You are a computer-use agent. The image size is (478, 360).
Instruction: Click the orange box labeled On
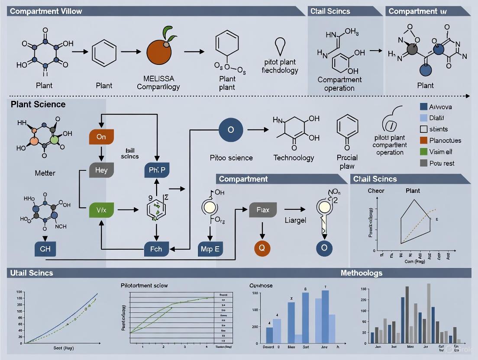pyautogui.click(x=101, y=136)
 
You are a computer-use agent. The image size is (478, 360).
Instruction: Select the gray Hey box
pyautogui.click(x=101, y=170)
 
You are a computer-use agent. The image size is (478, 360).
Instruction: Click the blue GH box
pyautogui.click(x=45, y=249)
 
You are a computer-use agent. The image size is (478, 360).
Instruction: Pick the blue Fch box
pyautogui.click(x=156, y=249)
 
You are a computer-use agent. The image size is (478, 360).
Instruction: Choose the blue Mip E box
pyautogui.click(x=210, y=249)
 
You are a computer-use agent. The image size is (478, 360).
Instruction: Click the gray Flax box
pyautogui.click(x=263, y=210)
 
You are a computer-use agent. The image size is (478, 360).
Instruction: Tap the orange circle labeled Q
pyautogui.click(x=262, y=248)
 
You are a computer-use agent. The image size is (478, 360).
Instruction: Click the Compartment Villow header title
pyautogui.click(x=46, y=11)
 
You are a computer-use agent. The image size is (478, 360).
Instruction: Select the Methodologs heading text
pyautogui.click(x=361, y=273)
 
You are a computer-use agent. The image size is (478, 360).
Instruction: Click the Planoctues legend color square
pyautogui.click(x=424, y=140)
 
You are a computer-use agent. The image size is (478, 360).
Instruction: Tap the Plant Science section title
pyautogui.click(x=38, y=104)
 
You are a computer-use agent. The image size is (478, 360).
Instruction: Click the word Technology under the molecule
pyautogui.click(x=294, y=157)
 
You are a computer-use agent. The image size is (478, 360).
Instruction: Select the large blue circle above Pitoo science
pyautogui.click(x=230, y=129)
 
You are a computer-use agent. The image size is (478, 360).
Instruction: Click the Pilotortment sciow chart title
pyautogui.click(x=144, y=286)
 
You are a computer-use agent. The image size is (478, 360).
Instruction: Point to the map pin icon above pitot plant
pyautogui.click(x=280, y=45)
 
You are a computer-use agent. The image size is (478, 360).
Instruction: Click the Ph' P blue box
pyautogui.click(x=156, y=170)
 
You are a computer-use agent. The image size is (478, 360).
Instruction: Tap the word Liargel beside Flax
pyautogui.click(x=295, y=220)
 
